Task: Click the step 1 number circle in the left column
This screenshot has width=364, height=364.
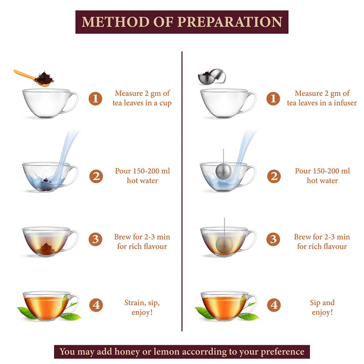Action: pos(95,98)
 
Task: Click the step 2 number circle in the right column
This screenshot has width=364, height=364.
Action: pos(274,176)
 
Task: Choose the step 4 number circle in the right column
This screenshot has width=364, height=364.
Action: pos(274,305)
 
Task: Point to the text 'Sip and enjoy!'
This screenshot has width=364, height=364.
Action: pos(322,307)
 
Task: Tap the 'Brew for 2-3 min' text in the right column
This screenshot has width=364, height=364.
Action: pos(322,237)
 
